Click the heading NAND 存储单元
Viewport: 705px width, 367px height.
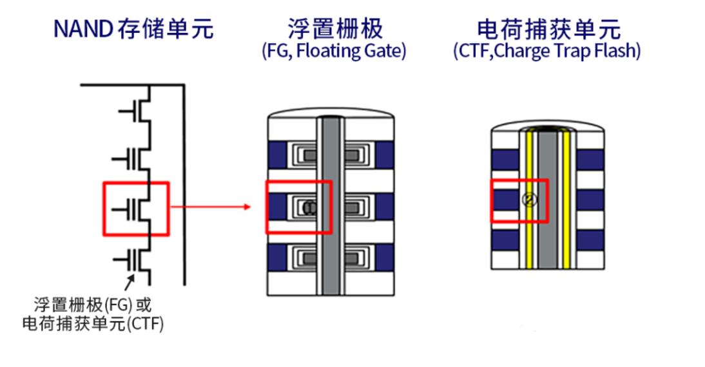point(133,29)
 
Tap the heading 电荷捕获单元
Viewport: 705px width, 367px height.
point(547,28)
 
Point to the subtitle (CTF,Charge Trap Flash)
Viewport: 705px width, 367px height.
point(547,52)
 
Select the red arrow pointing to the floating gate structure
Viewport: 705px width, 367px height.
point(213,207)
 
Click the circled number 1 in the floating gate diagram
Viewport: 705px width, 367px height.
point(308,207)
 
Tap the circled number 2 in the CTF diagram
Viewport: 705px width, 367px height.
point(528,200)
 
